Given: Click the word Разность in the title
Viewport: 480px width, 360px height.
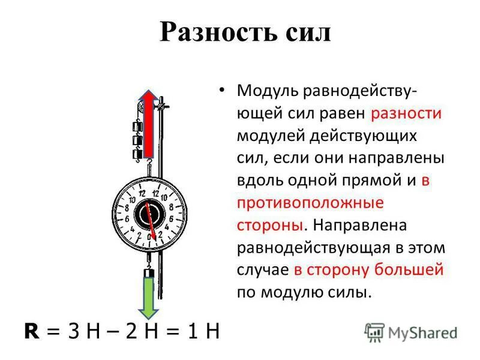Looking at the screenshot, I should point(217,32).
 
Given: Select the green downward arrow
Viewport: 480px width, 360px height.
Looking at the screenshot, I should point(148,294).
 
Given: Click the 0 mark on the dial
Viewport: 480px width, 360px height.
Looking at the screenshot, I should point(149,238).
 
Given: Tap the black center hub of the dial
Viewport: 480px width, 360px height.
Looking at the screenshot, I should point(148,214).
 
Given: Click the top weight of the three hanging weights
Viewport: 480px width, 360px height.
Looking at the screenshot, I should point(137,127).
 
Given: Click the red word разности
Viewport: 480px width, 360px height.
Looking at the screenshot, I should point(407,114).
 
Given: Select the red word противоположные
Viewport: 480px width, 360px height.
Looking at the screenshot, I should point(310,203).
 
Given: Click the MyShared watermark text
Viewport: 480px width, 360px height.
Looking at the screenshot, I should point(422,332).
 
